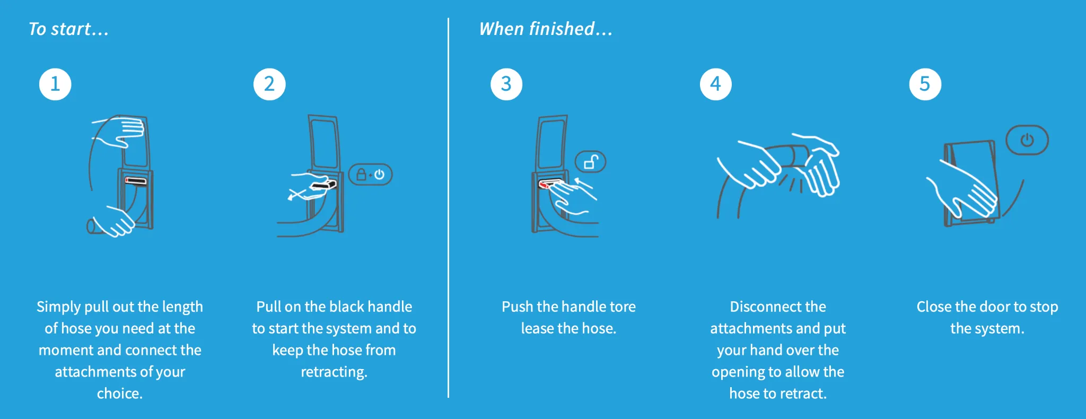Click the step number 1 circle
click(55, 84)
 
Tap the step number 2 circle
click(269, 84)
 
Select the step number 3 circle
click(506, 84)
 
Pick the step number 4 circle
click(715, 84)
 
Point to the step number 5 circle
click(925, 84)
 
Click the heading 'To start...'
click(68, 29)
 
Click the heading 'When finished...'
click(546, 29)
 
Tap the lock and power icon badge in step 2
click(370, 174)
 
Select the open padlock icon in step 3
click(591, 162)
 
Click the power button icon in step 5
click(1027, 140)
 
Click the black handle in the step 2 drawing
click(324, 185)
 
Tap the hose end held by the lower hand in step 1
click(92, 226)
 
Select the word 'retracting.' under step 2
click(334, 372)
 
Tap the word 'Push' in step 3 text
click(517, 307)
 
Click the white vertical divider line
click(448, 212)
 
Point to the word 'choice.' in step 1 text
click(120, 394)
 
